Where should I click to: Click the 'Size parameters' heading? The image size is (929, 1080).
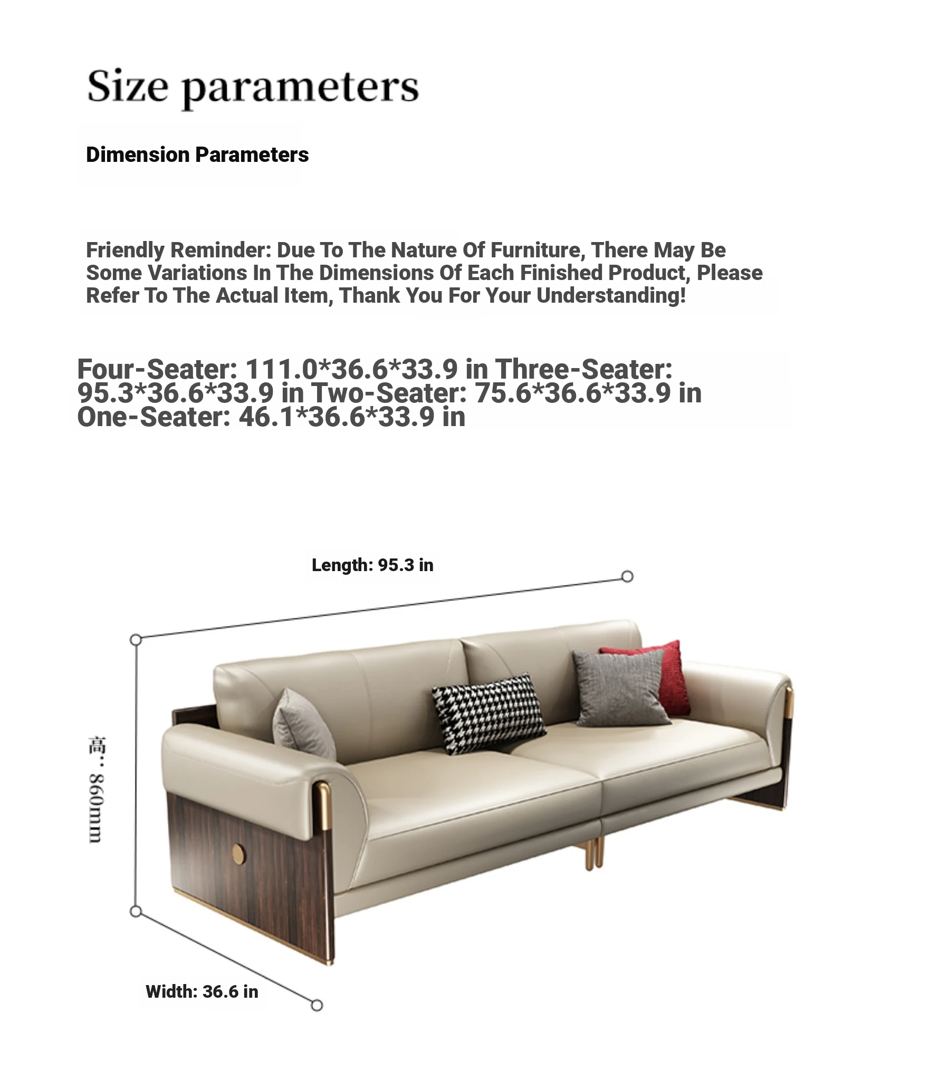pos(253,86)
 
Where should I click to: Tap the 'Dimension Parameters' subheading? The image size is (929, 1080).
pos(197,155)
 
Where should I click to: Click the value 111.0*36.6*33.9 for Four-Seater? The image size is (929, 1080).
pos(351,369)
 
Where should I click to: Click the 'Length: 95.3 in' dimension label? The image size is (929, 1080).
pos(372,565)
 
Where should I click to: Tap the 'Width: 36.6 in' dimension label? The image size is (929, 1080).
pos(202,991)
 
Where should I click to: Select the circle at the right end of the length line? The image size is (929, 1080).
pos(627,576)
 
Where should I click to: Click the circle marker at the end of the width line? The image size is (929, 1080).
pos(317,1005)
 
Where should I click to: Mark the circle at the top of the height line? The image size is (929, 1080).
pos(136,640)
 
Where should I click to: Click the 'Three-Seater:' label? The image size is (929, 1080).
pos(583,369)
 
